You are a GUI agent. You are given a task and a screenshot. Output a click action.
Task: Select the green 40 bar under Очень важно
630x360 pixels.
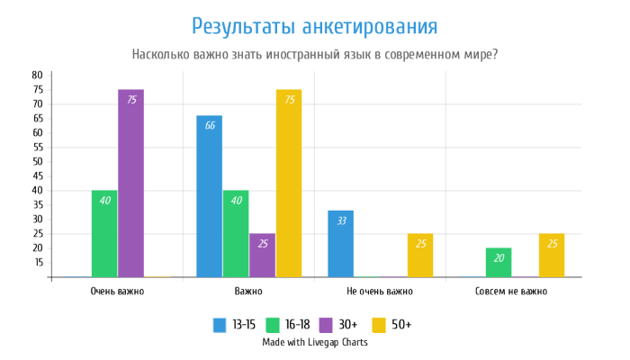pyautogui.click(x=104, y=233)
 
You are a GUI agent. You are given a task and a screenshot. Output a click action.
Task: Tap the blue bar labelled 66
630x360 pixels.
pyautogui.click(x=209, y=196)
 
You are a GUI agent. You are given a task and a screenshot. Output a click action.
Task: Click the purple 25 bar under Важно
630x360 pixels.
pyautogui.click(x=262, y=255)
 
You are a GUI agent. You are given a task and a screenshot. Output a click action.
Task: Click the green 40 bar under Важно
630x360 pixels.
pyautogui.click(x=236, y=233)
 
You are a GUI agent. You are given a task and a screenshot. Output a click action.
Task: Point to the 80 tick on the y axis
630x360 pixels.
pyautogui.click(x=37, y=74)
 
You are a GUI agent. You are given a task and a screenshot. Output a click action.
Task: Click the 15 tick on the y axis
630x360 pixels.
pyautogui.click(x=37, y=262)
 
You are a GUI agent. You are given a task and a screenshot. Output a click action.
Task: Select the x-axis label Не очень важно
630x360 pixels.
pyautogui.click(x=379, y=292)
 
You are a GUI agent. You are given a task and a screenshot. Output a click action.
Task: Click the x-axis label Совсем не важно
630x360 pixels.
pyautogui.click(x=510, y=292)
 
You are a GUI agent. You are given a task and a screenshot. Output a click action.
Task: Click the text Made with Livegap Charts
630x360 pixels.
pyautogui.click(x=315, y=342)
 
